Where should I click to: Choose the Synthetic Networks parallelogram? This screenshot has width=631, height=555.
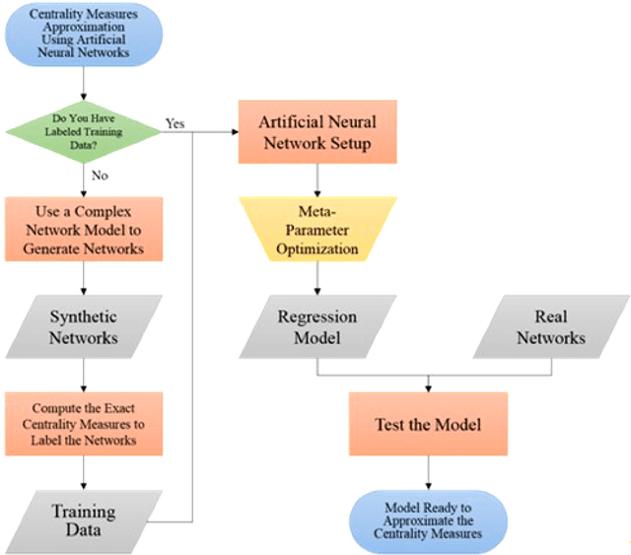point(83,326)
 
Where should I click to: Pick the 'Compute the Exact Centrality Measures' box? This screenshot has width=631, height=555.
point(83,422)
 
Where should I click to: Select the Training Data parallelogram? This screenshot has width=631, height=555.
point(83,520)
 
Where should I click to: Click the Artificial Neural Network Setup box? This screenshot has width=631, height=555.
point(315,132)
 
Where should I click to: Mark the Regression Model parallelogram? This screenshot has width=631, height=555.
point(315,326)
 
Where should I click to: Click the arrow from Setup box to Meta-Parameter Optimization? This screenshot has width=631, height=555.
point(315,180)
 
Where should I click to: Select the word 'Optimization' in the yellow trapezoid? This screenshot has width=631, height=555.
point(315,248)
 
